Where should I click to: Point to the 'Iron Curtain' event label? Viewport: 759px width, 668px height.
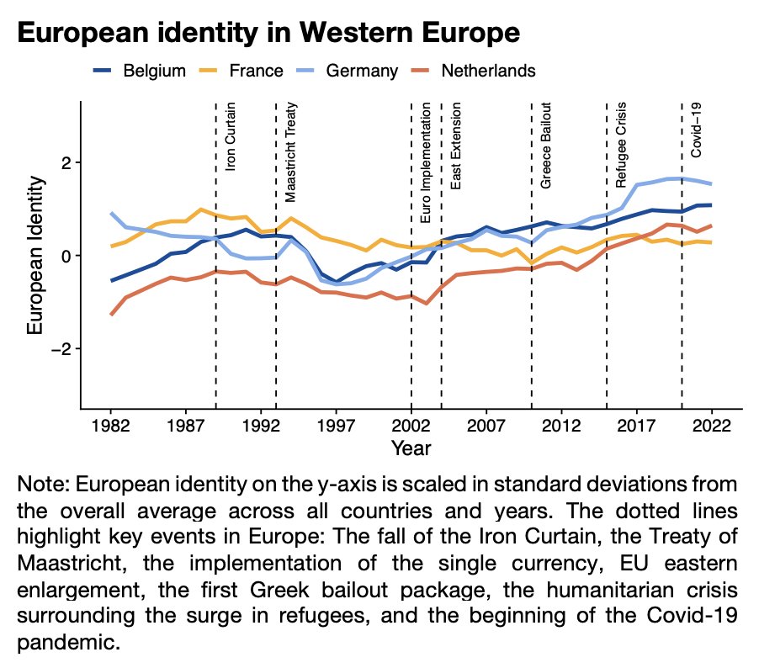point(231,137)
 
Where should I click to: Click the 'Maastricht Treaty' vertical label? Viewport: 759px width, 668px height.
point(290,153)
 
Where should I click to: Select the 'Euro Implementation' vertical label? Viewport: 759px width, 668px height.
point(426,163)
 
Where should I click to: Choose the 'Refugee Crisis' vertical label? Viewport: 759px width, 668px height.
point(621,146)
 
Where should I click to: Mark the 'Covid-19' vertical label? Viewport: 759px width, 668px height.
point(696,130)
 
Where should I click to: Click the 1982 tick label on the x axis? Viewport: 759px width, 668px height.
point(109,425)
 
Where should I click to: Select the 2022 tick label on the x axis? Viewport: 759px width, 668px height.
point(711,425)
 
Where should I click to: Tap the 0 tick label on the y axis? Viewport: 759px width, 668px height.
point(68,256)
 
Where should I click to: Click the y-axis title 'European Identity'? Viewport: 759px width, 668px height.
point(35,255)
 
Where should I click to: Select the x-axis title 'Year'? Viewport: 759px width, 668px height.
point(411,448)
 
